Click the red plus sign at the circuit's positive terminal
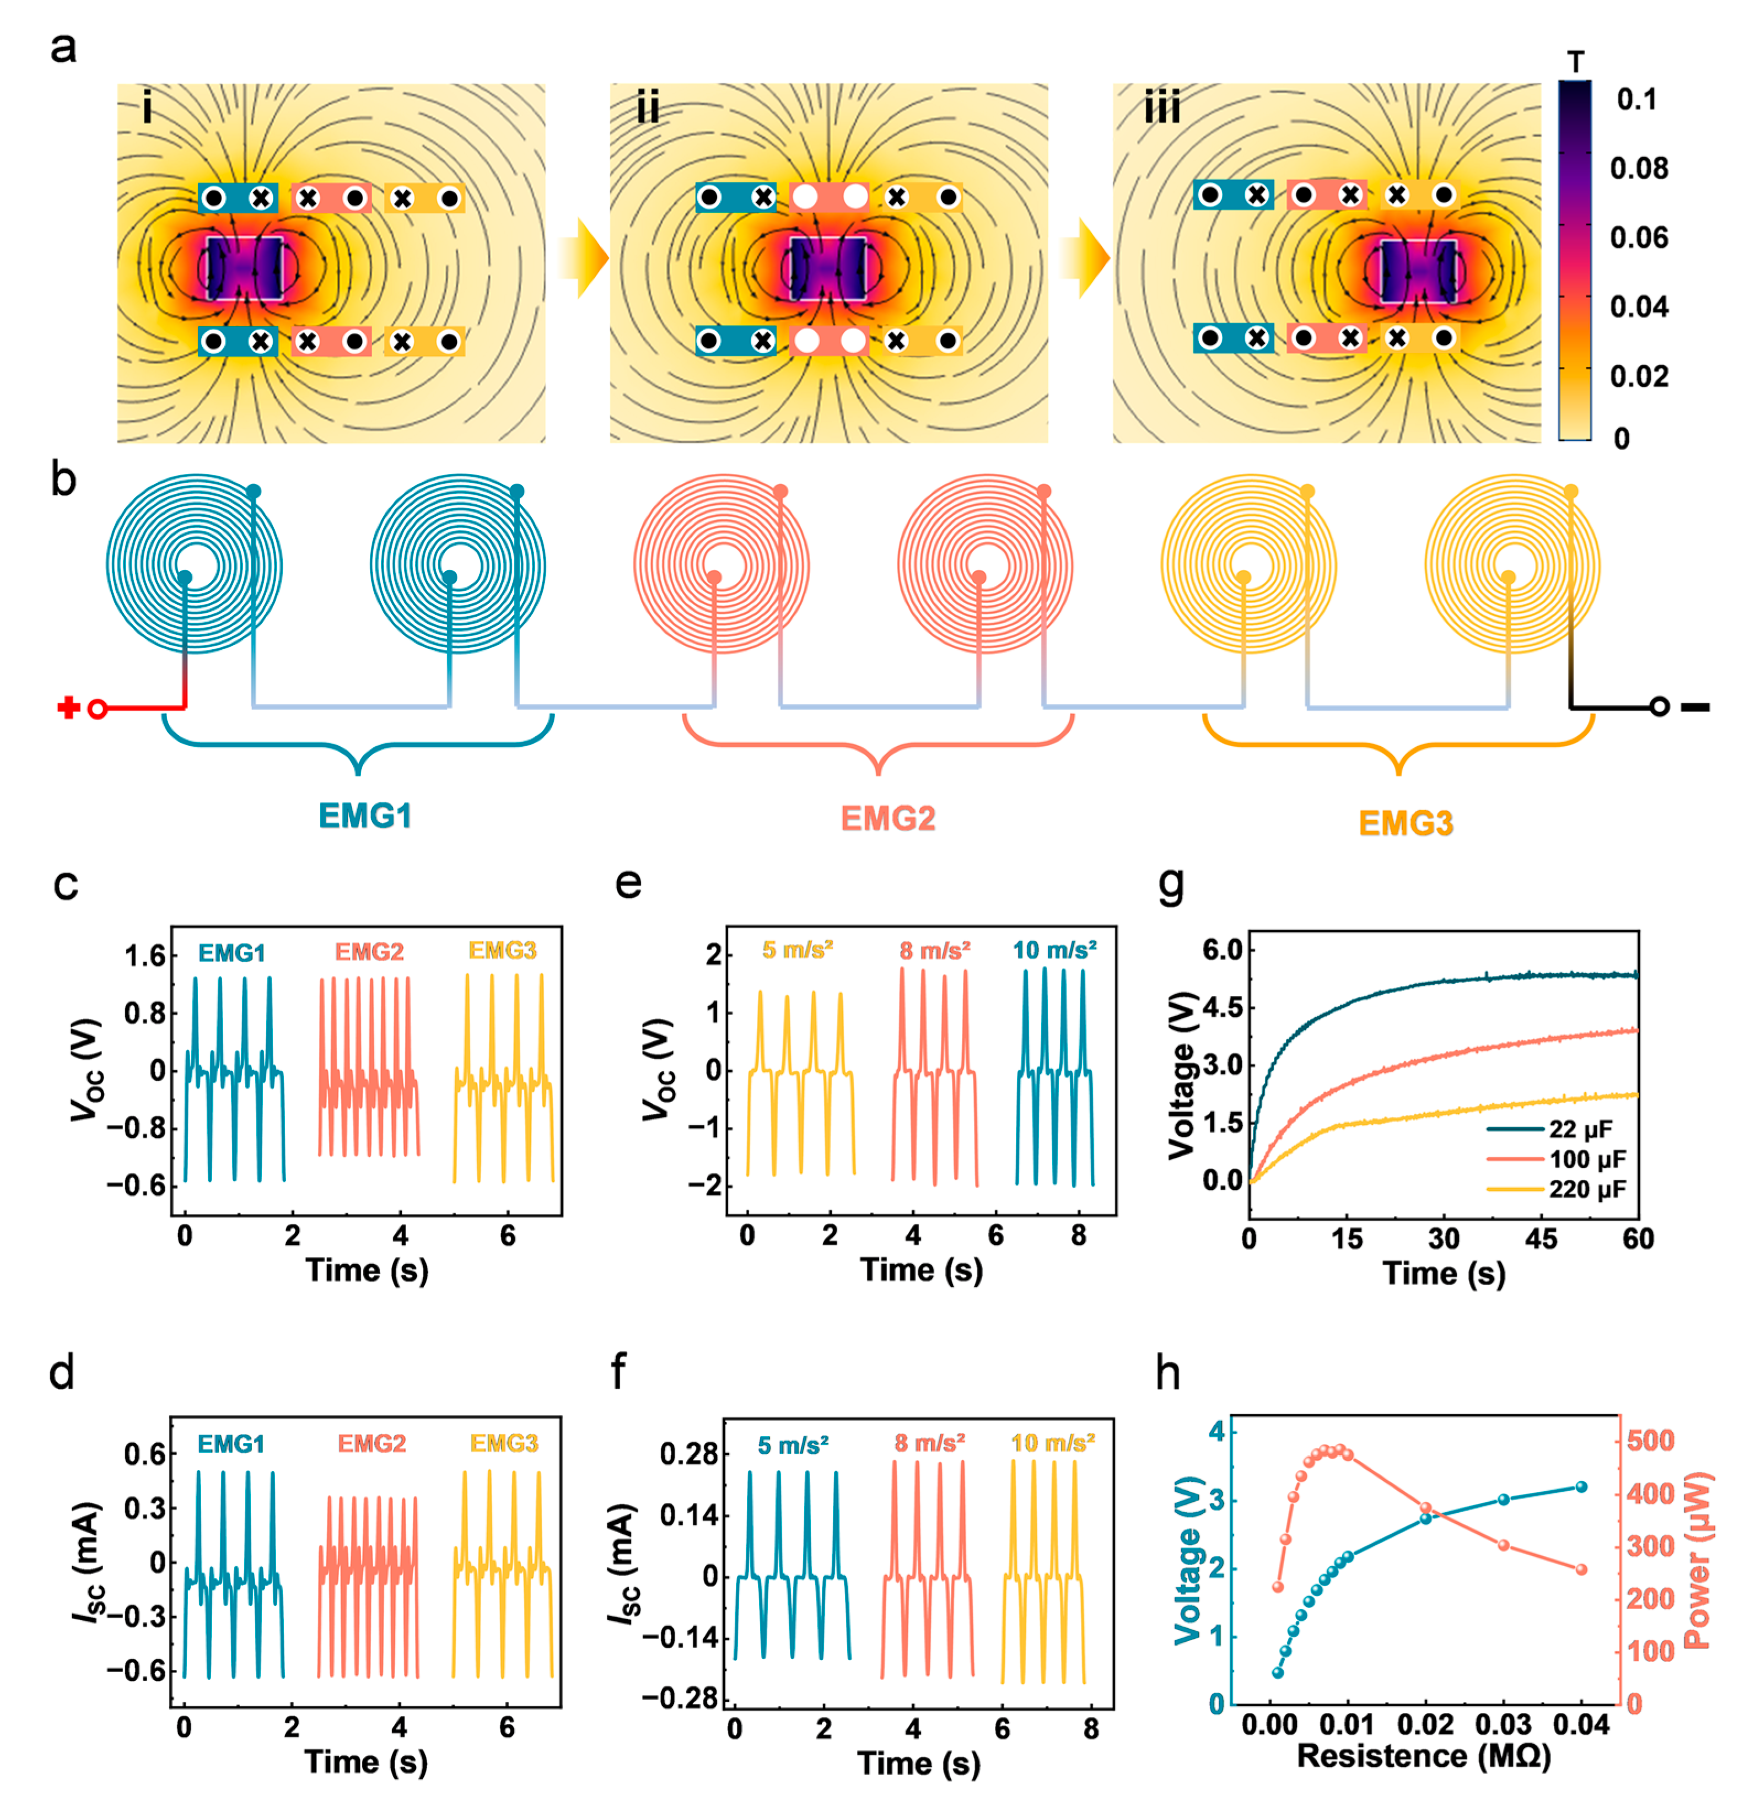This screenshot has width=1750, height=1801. click(67, 708)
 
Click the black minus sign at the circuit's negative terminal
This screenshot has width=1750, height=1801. click(1696, 708)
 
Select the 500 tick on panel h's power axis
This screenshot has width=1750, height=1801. click(1651, 1441)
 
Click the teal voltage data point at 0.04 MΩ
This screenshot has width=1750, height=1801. click(1581, 1487)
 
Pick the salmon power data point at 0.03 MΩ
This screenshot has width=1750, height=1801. click(1504, 1545)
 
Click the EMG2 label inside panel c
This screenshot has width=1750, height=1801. click(369, 952)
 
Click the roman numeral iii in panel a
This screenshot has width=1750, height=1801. click(1162, 109)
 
